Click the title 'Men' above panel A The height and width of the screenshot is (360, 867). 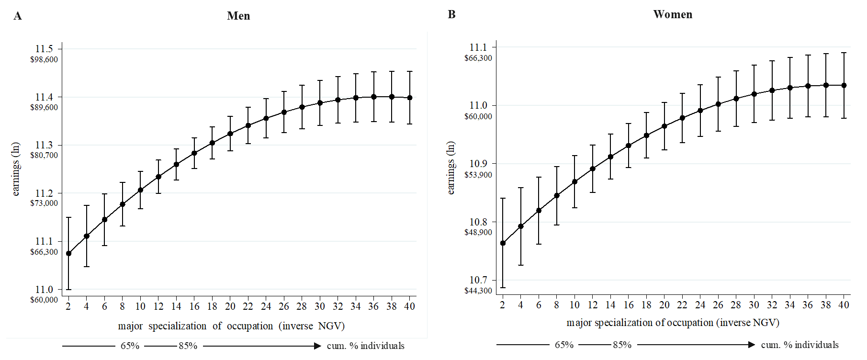[238, 16]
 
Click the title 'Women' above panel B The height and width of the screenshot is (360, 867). [673, 14]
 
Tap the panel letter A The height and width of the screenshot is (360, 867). [18, 16]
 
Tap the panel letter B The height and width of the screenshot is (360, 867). [451, 14]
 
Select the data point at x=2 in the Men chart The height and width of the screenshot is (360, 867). [68, 253]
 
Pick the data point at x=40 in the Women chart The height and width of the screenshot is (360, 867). [844, 85]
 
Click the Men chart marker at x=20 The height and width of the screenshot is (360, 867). [230, 134]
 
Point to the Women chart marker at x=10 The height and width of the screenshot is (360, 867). [574, 182]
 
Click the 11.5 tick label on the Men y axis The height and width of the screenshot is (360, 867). [44, 49]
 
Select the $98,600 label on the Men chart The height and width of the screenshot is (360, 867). [44, 59]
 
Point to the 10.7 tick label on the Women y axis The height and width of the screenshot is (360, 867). [478, 280]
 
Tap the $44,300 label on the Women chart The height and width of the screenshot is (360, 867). [478, 291]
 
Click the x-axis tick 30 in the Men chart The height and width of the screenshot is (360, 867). [320, 306]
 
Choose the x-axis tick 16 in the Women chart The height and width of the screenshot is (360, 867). [629, 305]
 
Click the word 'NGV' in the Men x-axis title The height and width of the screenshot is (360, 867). [329, 326]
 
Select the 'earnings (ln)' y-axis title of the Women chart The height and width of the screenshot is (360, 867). [450, 168]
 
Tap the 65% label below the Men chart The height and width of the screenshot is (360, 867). [130, 346]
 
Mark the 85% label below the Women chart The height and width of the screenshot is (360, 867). [622, 345]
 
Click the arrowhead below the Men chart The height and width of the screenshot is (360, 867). [317, 346]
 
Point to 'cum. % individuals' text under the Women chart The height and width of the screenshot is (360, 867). [799, 345]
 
